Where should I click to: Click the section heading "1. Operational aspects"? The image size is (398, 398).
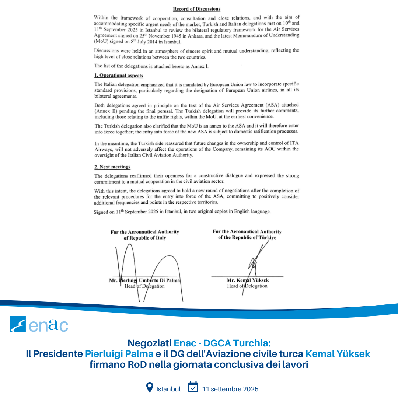pos(119,75)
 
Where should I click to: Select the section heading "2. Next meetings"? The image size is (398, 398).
pos(112,167)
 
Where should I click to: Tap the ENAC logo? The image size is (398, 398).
pos(39,324)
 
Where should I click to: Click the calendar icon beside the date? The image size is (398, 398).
pos(193,387)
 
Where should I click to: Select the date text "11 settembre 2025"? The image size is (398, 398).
pos(230,389)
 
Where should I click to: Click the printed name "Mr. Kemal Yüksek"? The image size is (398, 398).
pos(248,280)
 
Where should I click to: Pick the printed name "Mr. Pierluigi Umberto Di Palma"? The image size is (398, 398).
pos(145,280)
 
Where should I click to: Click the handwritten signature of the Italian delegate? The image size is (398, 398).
pos(147,269)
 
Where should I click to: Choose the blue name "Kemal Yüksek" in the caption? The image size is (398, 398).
pos(338,354)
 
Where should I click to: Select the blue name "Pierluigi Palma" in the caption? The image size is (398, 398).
pos(119,354)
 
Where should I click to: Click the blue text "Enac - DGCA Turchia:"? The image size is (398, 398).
pos(222,343)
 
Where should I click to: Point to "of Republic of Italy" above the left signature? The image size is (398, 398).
pos(145,238)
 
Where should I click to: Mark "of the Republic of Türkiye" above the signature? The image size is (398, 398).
pos(247,238)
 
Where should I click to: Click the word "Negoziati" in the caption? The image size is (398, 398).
pos(149,343)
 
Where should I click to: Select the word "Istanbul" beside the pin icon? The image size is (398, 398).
pos(168,389)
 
